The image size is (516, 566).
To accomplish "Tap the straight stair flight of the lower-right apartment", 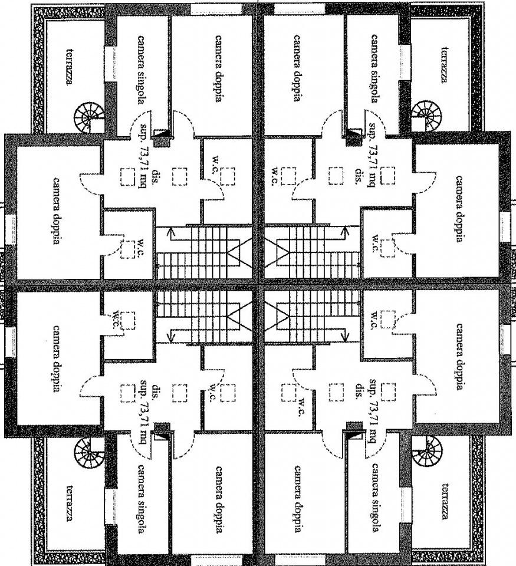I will point(313,315).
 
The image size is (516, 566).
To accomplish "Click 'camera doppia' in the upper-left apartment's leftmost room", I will point(57,210).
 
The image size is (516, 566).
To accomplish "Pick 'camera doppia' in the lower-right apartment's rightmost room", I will point(459,356).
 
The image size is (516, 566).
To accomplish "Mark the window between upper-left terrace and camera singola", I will point(110,62).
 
